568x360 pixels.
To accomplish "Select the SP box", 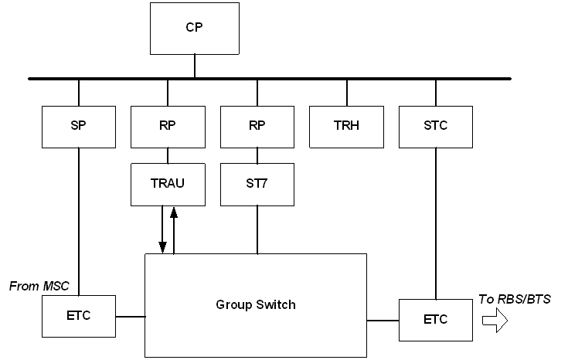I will click(78, 126).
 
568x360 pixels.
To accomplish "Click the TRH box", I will click(347, 126).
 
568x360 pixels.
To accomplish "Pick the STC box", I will click(435, 126).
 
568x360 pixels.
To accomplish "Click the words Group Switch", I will click(256, 304).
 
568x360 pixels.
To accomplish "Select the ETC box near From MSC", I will click(78, 316).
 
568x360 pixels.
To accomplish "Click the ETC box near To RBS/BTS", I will click(435, 319).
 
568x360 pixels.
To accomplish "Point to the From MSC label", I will click(39, 287).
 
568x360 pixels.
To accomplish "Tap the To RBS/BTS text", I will click(515, 299).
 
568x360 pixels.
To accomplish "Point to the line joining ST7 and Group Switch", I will click(257, 229).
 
